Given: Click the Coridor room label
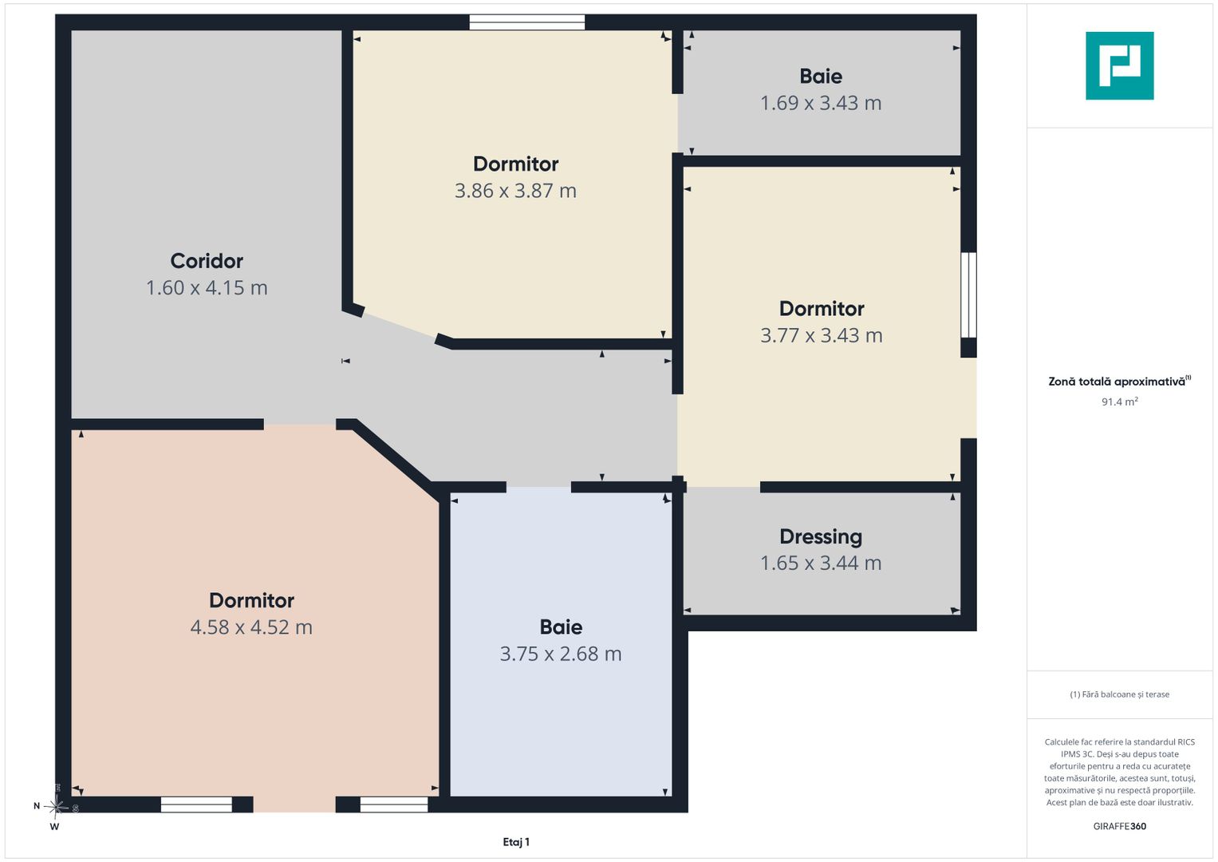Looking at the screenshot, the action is [x=207, y=261].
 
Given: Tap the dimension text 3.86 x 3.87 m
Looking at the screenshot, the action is [x=515, y=191].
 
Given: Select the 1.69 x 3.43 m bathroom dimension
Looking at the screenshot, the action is [x=821, y=104].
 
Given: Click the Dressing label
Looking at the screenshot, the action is [x=821, y=537].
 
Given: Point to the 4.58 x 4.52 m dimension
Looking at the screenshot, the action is [x=251, y=627].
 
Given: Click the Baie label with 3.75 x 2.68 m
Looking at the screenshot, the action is [x=561, y=627].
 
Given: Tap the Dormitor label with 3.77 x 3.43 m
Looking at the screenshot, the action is [x=821, y=309].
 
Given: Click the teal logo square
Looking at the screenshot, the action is [x=1120, y=65].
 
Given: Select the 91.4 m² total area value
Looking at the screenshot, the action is [x=1120, y=401].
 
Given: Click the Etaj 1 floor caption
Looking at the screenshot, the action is [x=516, y=842].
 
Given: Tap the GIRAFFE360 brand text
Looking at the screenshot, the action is [x=1120, y=826].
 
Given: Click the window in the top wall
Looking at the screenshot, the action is [x=527, y=22].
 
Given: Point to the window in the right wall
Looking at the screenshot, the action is [x=968, y=295].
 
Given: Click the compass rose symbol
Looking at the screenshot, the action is [x=56, y=807].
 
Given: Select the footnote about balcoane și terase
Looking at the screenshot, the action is [x=1120, y=694].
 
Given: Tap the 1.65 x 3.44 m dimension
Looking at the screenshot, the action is [x=821, y=563].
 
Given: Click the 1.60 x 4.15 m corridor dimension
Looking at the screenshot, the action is [x=207, y=288].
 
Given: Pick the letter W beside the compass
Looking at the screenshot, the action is [x=54, y=827].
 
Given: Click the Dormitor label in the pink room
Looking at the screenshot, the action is [x=251, y=600].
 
